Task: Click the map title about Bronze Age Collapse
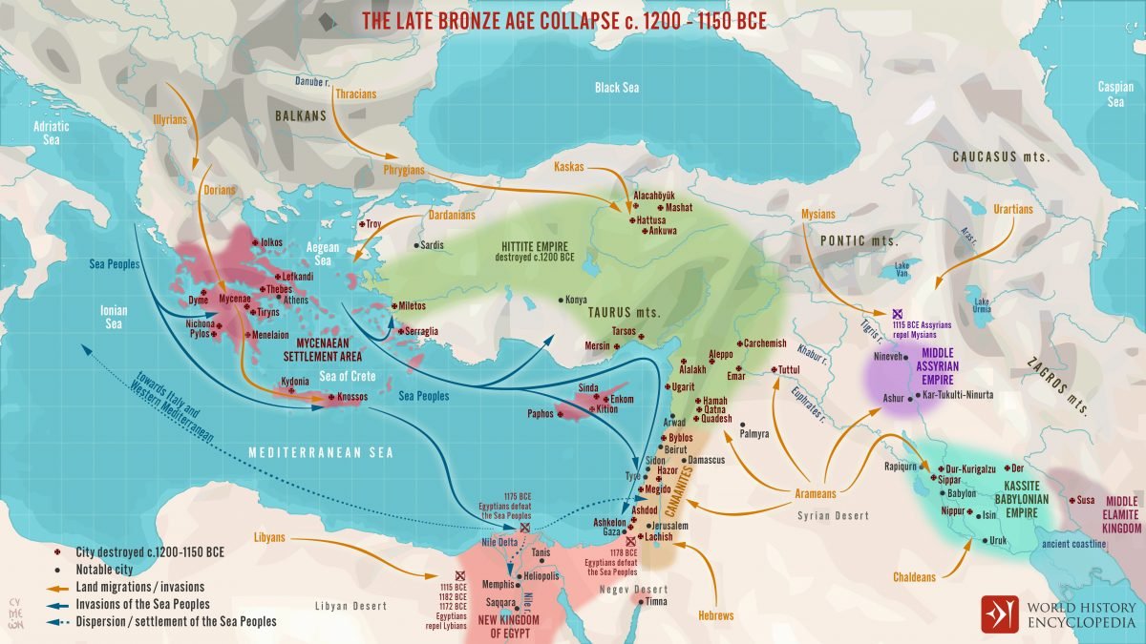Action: (563, 21)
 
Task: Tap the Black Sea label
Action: (617, 87)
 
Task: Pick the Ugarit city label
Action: (682, 386)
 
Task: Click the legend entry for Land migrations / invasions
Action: (139, 587)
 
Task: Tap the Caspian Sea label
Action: (1114, 93)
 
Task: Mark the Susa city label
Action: (1086, 499)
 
